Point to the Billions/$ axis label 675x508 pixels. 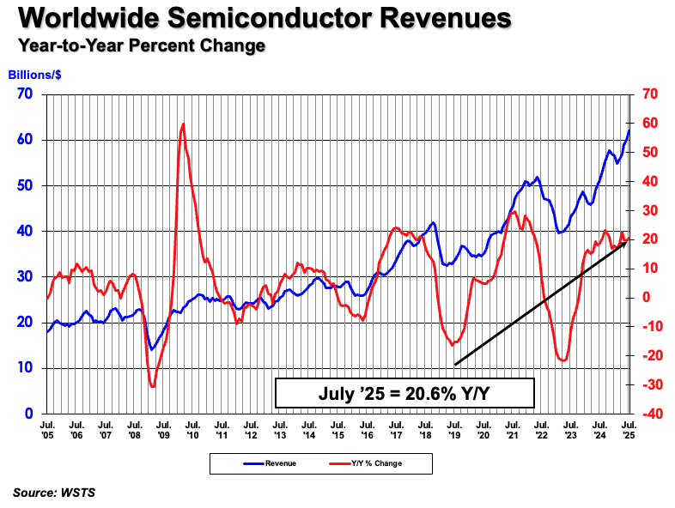coord(35,74)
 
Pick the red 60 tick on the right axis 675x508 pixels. coord(645,124)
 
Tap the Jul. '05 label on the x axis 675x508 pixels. coord(46,429)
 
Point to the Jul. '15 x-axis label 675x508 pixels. coord(337,429)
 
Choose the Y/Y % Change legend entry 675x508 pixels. coord(365,463)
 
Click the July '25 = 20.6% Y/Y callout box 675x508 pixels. coord(404,392)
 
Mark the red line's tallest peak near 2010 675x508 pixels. coord(183,124)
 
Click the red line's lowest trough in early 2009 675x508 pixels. coord(153,386)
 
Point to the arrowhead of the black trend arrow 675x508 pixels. coord(626,242)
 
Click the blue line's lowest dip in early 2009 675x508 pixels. coord(151,349)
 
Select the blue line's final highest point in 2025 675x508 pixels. coord(629,130)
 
